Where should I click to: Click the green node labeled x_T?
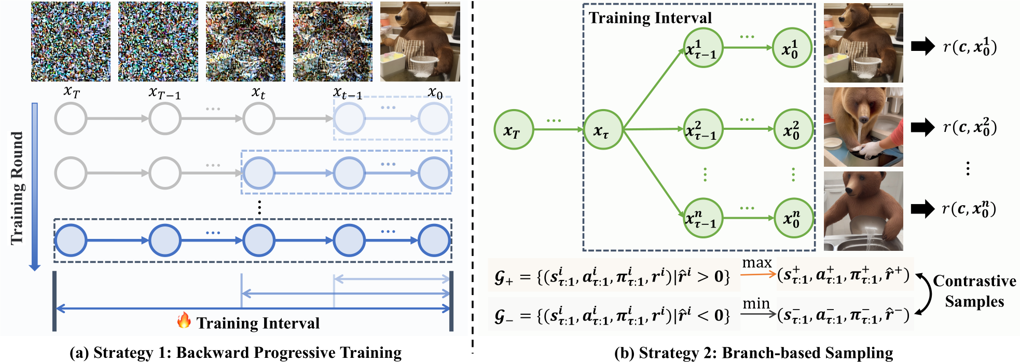514,129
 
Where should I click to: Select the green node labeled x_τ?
603,129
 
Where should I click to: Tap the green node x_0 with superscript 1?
792,48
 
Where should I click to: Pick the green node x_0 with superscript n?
793,218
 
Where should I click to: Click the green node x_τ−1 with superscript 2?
703,129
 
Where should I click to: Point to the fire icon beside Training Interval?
184,320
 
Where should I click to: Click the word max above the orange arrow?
757,263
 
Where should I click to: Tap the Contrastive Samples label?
974,291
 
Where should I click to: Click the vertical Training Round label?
17,187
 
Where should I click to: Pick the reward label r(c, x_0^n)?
969,208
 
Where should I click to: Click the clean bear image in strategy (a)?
420,42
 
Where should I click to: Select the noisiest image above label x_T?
71,42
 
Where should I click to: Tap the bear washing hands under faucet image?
863,127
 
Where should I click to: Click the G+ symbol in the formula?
503,277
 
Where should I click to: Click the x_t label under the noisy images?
258,93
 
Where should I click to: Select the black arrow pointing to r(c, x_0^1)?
922,46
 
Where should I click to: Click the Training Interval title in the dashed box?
650,18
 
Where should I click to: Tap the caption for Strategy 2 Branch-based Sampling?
753,353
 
